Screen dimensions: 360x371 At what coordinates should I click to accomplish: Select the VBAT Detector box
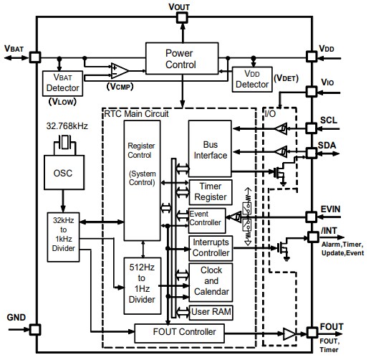(x=62, y=84)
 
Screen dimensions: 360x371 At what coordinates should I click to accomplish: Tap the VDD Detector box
(x=251, y=80)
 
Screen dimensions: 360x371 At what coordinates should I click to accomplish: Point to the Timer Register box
(x=210, y=191)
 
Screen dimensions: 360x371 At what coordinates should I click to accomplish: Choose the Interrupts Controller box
(x=210, y=247)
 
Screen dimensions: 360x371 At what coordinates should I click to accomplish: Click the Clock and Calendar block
(x=210, y=281)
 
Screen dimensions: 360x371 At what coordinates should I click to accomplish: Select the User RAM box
(x=210, y=312)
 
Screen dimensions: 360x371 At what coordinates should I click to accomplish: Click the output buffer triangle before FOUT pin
(x=288, y=333)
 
